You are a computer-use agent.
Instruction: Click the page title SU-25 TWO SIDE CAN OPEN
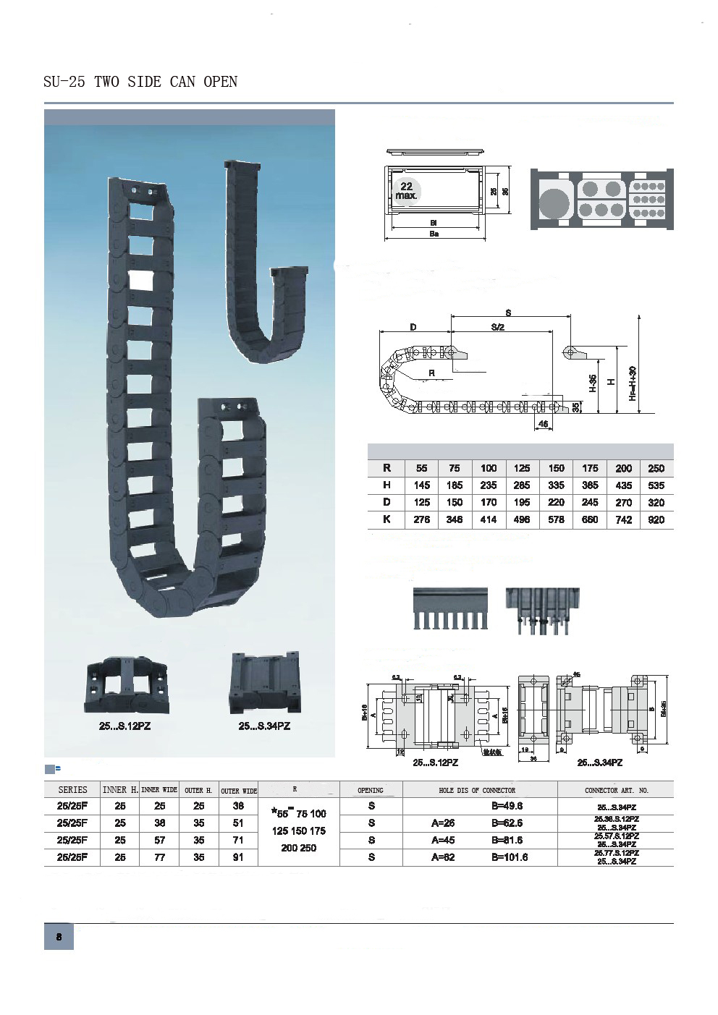pos(140,82)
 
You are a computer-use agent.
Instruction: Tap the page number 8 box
pos(59,937)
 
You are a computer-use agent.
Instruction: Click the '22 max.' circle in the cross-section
pos(407,191)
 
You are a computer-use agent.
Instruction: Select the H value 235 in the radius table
pos(489,485)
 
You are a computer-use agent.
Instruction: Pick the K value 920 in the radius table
pos(656,519)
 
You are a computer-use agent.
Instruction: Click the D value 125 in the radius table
pos(421,502)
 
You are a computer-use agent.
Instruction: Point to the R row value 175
pos(590,468)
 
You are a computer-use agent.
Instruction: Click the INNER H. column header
pos(120,790)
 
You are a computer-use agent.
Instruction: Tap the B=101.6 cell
pos(510,857)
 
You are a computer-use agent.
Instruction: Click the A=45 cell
pos(443,840)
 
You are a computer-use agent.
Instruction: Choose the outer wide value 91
pos(238,857)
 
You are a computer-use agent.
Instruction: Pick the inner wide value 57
pos(160,840)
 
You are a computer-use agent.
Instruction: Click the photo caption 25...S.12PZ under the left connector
pos(124,726)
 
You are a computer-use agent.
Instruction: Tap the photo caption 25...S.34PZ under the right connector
pos(264,726)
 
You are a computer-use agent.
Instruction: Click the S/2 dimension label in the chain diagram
pos(497,328)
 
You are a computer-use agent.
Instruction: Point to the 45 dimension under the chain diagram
pos(543,425)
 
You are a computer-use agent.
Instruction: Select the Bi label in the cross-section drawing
pos(434,223)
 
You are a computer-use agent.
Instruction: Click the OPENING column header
pos(371,790)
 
